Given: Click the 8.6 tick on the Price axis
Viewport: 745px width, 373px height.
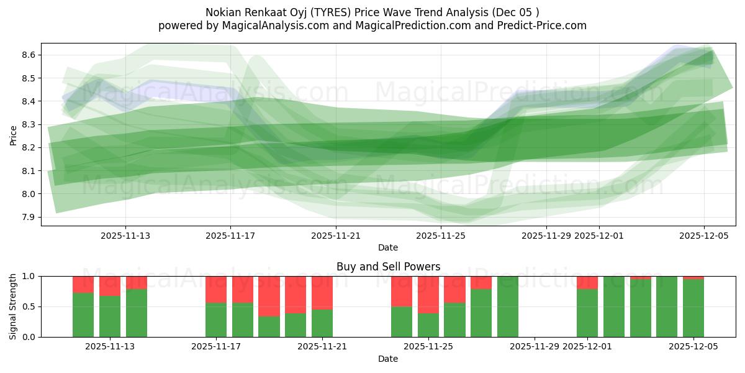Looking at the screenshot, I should pos(27,55).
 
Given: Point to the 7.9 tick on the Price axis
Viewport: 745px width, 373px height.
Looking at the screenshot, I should pos(27,217).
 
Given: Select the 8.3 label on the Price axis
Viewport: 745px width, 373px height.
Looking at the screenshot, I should pos(27,124).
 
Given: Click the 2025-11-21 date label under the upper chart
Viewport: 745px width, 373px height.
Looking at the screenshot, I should pos(335,236).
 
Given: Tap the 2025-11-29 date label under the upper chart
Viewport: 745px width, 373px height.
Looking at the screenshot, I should pos(546,236).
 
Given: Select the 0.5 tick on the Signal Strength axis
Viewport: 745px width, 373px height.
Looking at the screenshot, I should pos(27,306).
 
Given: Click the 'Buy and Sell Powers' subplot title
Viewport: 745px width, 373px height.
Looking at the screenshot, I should pos(388,267).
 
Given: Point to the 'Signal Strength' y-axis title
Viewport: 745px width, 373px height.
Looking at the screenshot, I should pos(13,306).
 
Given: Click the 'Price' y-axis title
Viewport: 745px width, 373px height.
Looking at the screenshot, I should pos(13,136).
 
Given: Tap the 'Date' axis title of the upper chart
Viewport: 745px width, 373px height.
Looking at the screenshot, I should pos(388,247).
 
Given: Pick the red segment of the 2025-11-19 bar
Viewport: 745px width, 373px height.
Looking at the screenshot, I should pos(269,296).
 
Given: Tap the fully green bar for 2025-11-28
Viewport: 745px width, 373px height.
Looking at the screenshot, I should pos(507,306).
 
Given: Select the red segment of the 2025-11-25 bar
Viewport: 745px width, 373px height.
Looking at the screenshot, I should pos(428,294).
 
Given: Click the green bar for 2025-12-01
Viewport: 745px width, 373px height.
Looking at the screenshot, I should pos(587,313).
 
